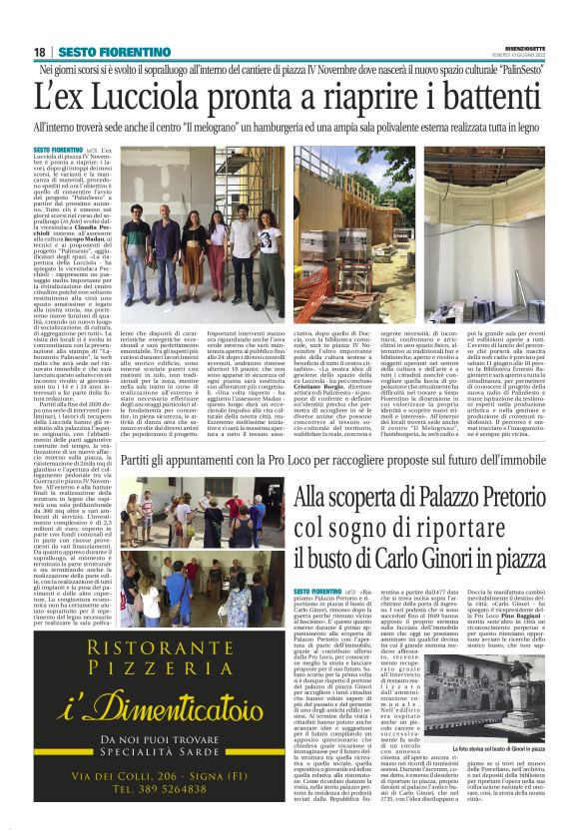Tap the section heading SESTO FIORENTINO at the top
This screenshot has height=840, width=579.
tap(100, 51)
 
